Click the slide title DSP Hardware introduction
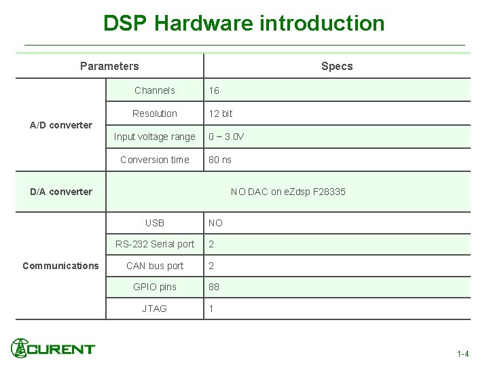click(x=244, y=23)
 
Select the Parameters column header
click(x=109, y=66)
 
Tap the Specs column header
click(x=337, y=66)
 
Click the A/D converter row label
click(x=61, y=125)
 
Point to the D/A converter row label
click(x=61, y=192)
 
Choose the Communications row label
click(x=60, y=266)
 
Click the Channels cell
click(x=155, y=90)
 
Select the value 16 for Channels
click(x=214, y=90)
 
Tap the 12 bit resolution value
click(x=221, y=113)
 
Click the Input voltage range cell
click(x=155, y=137)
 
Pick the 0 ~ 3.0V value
click(x=226, y=137)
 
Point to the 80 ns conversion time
click(x=220, y=160)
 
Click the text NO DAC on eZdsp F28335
click(x=288, y=192)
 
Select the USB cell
click(x=155, y=223)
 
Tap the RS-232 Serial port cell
click(x=155, y=244)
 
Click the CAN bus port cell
click(x=155, y=266)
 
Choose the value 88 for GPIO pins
click(x=214, y=287)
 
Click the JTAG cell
click(x=155, y=309)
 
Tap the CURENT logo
click(x=53, y=349)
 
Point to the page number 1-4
click(x=463, y=354)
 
